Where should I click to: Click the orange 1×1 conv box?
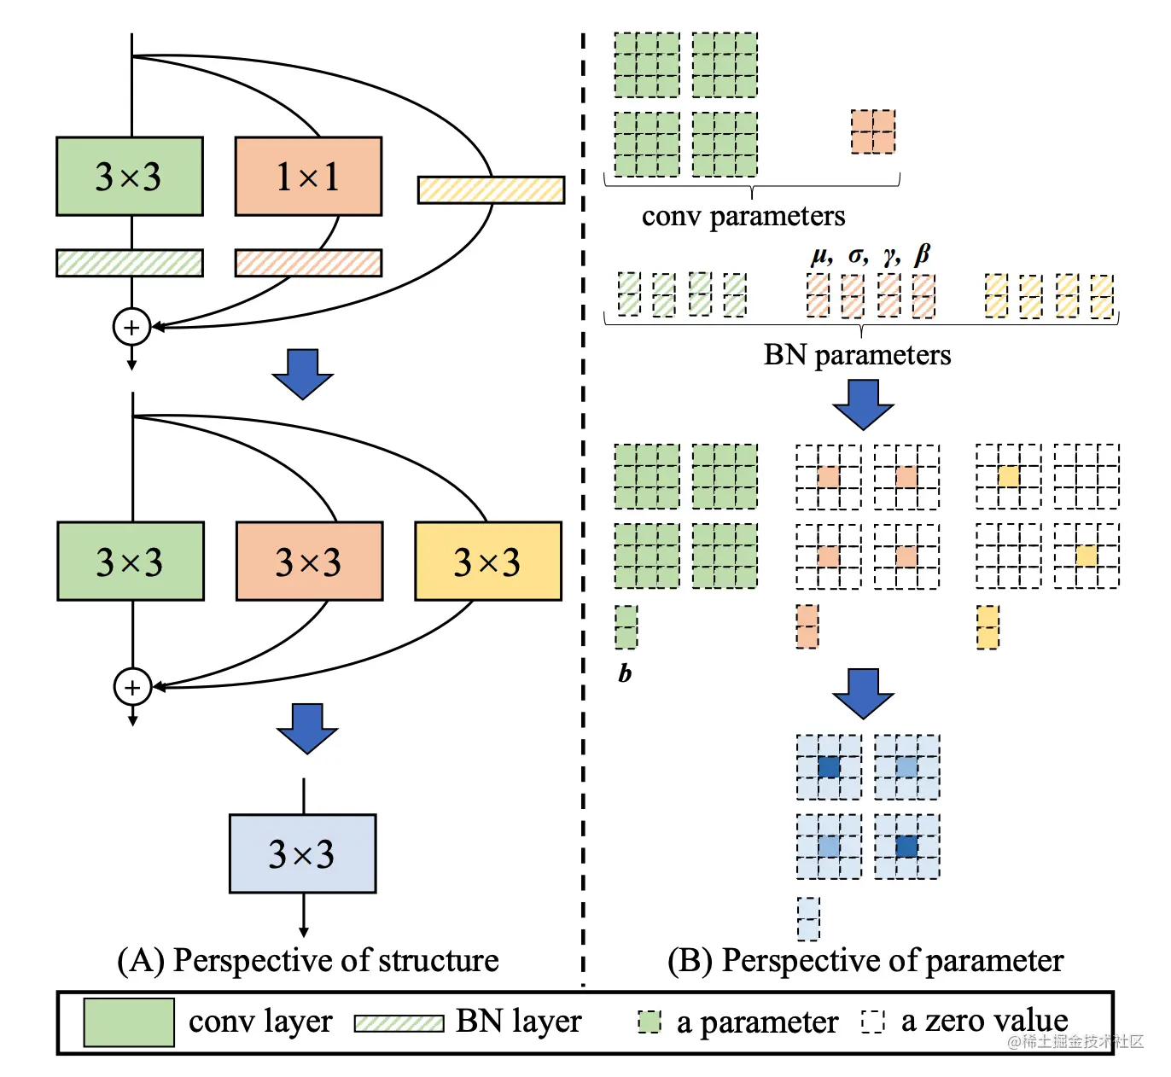[x=308, y=177]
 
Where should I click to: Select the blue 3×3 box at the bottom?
[x=302, y=853]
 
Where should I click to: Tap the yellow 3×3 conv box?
[x=488, y=561]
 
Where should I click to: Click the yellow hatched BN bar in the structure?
[x=491, y=189]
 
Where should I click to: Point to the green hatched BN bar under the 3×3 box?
[x=130, y=263]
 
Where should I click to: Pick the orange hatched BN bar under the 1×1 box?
[x=308, y=263]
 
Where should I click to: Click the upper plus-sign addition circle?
[x=132, y=327]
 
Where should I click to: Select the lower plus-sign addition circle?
[x=132, y=687]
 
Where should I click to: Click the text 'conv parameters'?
[x=743, y=217]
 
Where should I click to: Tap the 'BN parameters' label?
[x=857, y=355]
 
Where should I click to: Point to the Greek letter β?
[x=922, y=254]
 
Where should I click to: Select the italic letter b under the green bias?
[x=625, y=673]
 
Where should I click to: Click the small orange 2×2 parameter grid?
[x=873, y=132]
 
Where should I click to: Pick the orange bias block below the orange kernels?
[x=807, y=627]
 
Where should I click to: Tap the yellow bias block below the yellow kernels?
[x=987, y=627]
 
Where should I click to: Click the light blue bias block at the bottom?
[x=808, y=919]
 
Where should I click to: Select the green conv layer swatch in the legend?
[x=129, y=1022]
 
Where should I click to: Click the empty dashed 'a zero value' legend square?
[x=873, y=1022]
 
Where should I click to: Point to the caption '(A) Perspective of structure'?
[x=308, y=960]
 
